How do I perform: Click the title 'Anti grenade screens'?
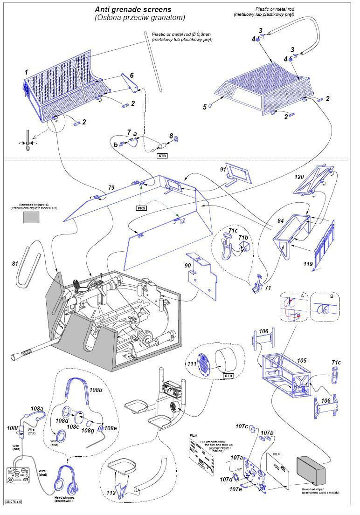[133, 9]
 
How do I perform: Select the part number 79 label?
[111, 188]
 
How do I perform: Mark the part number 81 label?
[15, 264]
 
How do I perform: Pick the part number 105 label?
[302, 360]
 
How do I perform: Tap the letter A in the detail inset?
[303, 295]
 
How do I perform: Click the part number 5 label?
[204, 107]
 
